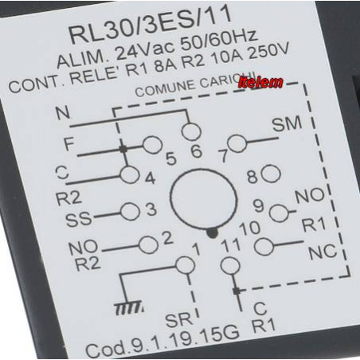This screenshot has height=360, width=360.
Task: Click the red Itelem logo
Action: point(260,83)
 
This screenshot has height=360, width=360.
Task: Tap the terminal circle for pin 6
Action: point(191,131)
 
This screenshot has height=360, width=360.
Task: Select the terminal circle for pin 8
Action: point(271,174)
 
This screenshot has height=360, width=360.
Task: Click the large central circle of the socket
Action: point(203,198)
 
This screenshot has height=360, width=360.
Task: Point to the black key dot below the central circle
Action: point(212,233)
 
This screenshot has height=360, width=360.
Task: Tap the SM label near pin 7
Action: point(288,124)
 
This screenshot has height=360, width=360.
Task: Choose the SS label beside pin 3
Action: point(79,220)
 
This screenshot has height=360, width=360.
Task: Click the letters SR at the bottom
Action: point(178,319)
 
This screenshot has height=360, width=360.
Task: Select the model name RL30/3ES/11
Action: point(151,26)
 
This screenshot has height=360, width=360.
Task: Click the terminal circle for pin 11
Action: point(230,266)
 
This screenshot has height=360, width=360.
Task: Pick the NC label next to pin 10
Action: point(323,252)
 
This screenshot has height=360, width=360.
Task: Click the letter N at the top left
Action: point(63,112)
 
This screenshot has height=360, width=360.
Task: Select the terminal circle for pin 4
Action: point(130,175)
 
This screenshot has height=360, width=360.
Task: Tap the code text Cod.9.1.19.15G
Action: point(162,342)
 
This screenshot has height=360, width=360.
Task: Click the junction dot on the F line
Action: point(123,149)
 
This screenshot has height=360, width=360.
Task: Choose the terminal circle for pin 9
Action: point(279,213)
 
